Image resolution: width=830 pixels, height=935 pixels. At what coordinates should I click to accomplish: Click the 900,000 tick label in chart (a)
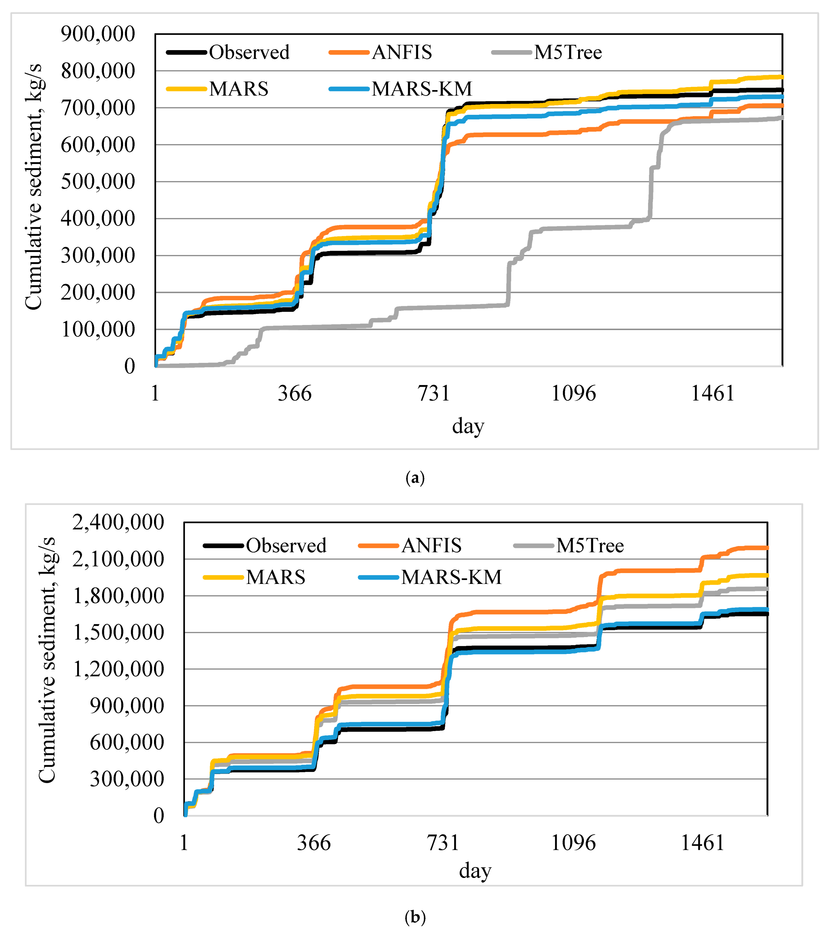(x=98, y=34)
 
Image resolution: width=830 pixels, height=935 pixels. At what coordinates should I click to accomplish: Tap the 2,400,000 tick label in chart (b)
(x=118, y=522)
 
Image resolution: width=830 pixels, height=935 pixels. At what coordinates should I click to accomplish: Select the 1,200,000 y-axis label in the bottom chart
(x=118, y=669)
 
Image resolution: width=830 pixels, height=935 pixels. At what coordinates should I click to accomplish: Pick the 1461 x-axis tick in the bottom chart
(x=702, y=843)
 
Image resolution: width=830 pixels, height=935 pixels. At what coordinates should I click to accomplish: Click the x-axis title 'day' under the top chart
(x=468, y=426)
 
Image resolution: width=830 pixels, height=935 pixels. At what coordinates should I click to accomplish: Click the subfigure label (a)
(x=415, y=478)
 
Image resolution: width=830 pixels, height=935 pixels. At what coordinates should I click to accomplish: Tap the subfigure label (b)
(x=415, y=917)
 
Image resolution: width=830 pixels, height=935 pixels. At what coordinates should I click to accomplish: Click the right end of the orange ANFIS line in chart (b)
(x=766, y=548)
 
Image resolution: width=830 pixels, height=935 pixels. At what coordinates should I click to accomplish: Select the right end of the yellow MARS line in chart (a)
(x=782, y=77)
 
